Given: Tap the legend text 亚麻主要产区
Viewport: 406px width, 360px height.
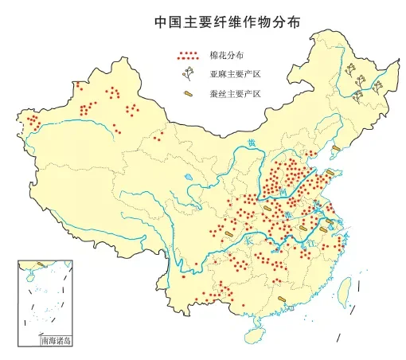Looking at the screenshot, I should [x=235, y=75].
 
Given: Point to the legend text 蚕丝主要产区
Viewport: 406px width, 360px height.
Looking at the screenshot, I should [x=235, y=93].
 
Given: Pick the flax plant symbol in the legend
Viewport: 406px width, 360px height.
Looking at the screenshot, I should [x=189, y=75].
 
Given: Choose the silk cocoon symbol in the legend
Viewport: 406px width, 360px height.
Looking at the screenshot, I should [x=189, y=94].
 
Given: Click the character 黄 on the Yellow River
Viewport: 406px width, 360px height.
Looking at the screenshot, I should [x=252, y=143].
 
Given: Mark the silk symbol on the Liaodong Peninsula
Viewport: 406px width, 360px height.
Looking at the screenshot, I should [x=336, y=148].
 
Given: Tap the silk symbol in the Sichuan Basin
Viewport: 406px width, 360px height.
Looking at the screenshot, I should [x=229, y=233].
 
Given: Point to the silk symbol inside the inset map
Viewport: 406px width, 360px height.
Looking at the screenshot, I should [x=41, y=264].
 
